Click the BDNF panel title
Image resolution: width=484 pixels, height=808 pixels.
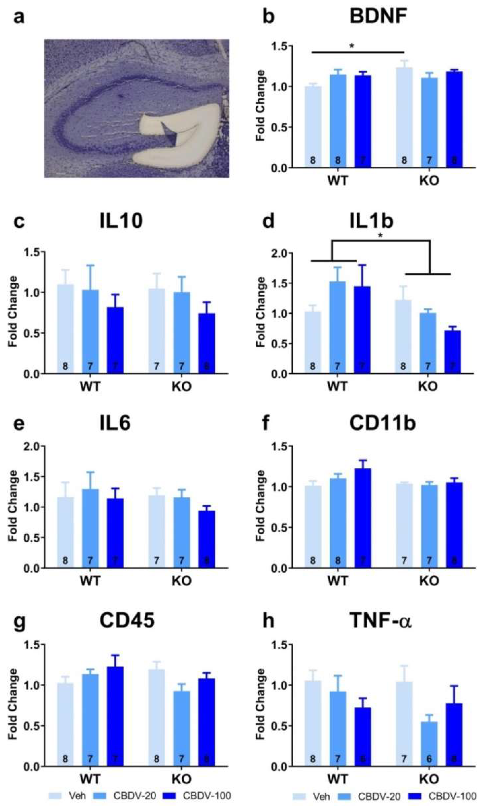(x=378, y=16)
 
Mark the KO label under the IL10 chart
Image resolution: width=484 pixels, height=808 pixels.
(x=181, y=387)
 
